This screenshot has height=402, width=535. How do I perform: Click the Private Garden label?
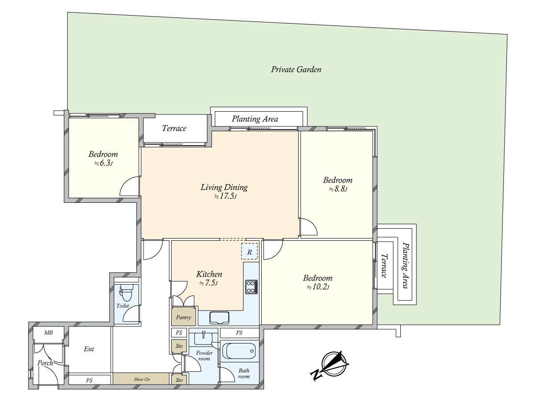[296, 70]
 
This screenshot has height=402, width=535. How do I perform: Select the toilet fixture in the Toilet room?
[126, 293]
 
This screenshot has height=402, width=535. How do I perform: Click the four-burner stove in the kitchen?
[251, 287]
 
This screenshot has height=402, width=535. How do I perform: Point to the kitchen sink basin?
[219, 318]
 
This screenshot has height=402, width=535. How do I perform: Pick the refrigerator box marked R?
[249, 251]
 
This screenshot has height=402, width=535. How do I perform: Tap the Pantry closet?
[184, 317]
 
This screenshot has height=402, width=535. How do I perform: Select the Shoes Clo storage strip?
[141, 379]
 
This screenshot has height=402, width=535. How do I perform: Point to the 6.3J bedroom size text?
[103, 163]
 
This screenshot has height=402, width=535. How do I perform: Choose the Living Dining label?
[224, 187]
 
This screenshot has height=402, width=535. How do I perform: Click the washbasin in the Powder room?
[203, 338]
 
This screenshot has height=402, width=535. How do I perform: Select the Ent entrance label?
[89, 349]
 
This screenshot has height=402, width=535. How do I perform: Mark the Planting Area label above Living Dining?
[255, 119]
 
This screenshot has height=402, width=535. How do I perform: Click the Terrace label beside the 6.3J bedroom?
[174, 128]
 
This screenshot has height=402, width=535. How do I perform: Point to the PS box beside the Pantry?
[179, 333]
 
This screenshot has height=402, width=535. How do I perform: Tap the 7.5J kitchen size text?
[208, 283]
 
